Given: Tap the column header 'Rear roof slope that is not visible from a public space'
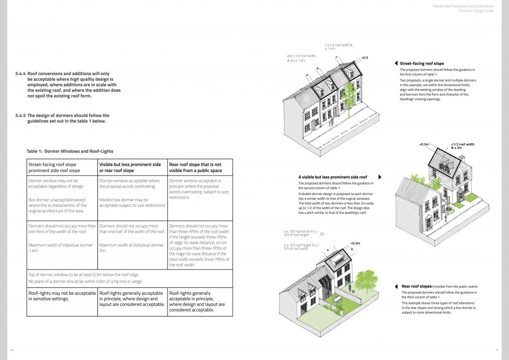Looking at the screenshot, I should [x=195, y=167].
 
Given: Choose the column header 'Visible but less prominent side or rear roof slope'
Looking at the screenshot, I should [x=130, y=167].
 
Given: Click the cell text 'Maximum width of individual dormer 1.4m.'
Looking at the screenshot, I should [x=61, y=248].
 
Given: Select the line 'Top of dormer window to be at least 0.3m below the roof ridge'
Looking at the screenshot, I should [x=84, y=274].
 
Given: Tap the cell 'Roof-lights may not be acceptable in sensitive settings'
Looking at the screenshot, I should [x=62, y=296].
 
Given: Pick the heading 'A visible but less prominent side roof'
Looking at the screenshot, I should [x=333, y=177].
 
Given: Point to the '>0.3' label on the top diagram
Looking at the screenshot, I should [x=365, y=58].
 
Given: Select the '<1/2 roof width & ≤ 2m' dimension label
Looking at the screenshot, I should [x=462, y=146].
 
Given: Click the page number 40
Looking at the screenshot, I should [x=12, y=350].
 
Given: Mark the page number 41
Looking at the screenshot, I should [x=497, y=350].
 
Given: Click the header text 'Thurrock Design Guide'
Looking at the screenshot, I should [x=478, y=10].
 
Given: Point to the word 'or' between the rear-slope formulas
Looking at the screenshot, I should [x=322, y=234].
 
